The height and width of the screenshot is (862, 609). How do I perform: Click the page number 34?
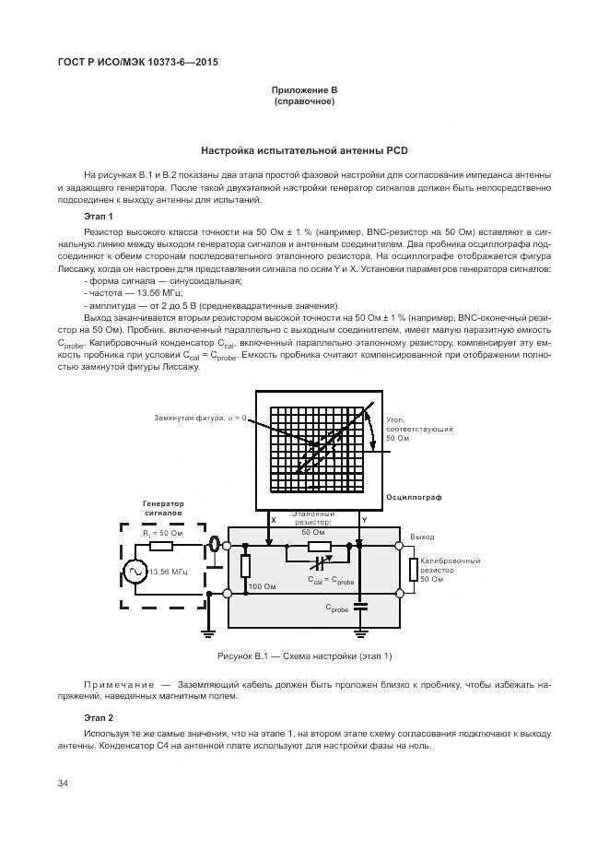pyautogui.click(x=64, y=784)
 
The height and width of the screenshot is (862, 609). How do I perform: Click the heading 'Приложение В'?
pyautogui.click(x=304, y=89)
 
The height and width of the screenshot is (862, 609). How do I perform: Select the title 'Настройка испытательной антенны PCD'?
pyautogui.click(x=304, y=150)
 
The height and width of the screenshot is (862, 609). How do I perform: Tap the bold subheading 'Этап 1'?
pyautogui.click(x=98, y=216)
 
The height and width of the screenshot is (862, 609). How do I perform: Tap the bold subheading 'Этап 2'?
pyautogui.click(x=98, y=717)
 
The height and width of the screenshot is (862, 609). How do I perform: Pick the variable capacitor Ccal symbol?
pyautogui.click(x=319, y=561)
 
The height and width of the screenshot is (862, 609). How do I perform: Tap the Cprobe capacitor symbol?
pyautogui.click(x=360, y=606)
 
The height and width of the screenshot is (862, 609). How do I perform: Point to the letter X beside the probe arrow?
pyautogui.click(x=273, y=521)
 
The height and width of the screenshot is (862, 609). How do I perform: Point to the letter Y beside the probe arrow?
pyautogui.click(x=364, y=521)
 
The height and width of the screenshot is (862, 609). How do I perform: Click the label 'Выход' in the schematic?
pyautogui.click(x=422, y=536)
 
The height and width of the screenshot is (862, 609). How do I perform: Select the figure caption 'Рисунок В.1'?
pyautogui.click(x=304, y=655)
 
